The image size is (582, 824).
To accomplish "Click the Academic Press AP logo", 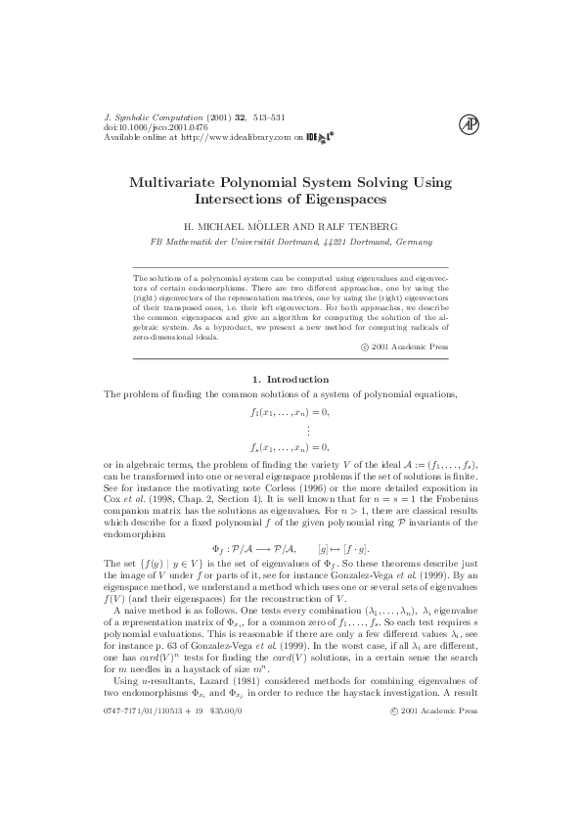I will point(469,124).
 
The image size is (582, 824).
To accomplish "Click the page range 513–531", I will point(266,117).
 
